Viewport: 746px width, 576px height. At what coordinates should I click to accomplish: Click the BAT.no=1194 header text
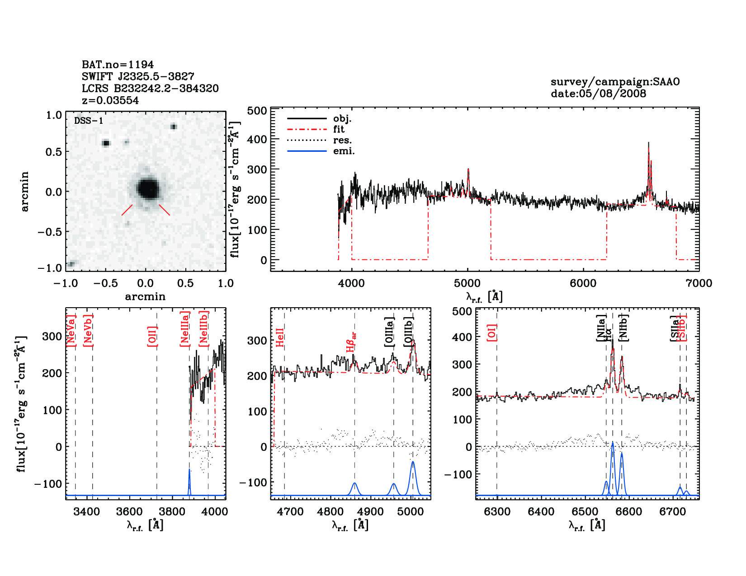118,65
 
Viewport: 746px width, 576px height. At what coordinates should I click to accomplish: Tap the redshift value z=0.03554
110,100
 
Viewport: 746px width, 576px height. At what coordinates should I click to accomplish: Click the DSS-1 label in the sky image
89,121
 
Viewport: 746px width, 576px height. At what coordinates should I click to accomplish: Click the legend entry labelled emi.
344,151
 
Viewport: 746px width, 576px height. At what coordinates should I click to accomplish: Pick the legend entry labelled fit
339,129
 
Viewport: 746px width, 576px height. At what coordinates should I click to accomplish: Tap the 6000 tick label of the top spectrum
583,283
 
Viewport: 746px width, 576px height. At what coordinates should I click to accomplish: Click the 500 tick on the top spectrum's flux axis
257,111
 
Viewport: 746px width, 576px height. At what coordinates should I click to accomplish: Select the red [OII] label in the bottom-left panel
152,336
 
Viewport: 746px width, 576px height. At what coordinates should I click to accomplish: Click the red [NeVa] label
71,331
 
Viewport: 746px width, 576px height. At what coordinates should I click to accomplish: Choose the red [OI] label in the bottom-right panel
492,332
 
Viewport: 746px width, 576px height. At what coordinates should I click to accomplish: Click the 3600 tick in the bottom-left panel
129,512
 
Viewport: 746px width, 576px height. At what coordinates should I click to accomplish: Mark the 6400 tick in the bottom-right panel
541,512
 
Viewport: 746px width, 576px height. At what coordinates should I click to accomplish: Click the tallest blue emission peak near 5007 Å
413,463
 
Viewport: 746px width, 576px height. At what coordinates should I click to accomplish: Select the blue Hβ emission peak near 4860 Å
355,484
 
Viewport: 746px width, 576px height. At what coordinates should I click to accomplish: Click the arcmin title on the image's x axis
145,297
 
